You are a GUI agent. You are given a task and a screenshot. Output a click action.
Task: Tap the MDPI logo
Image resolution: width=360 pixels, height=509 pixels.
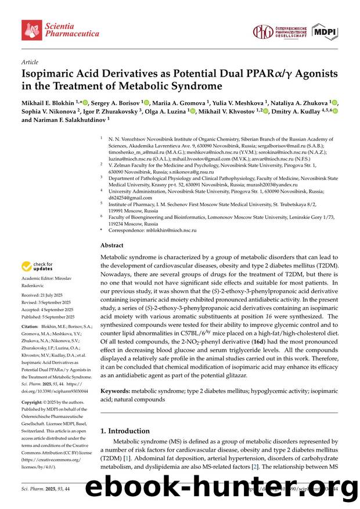[x=324, y=31]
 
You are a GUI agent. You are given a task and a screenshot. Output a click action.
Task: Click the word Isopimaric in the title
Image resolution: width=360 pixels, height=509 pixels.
[x=47, y=74]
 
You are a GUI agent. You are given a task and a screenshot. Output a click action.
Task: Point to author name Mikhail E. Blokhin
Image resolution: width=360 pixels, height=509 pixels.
[x=49, y=102]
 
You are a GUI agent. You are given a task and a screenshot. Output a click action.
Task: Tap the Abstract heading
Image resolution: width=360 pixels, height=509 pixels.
[x=111, y=246]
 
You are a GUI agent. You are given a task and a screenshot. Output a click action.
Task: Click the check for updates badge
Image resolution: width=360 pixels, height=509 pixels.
[x=37, y=266]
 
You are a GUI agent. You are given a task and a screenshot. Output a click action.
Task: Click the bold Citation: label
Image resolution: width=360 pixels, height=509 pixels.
[x=32, y=327]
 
